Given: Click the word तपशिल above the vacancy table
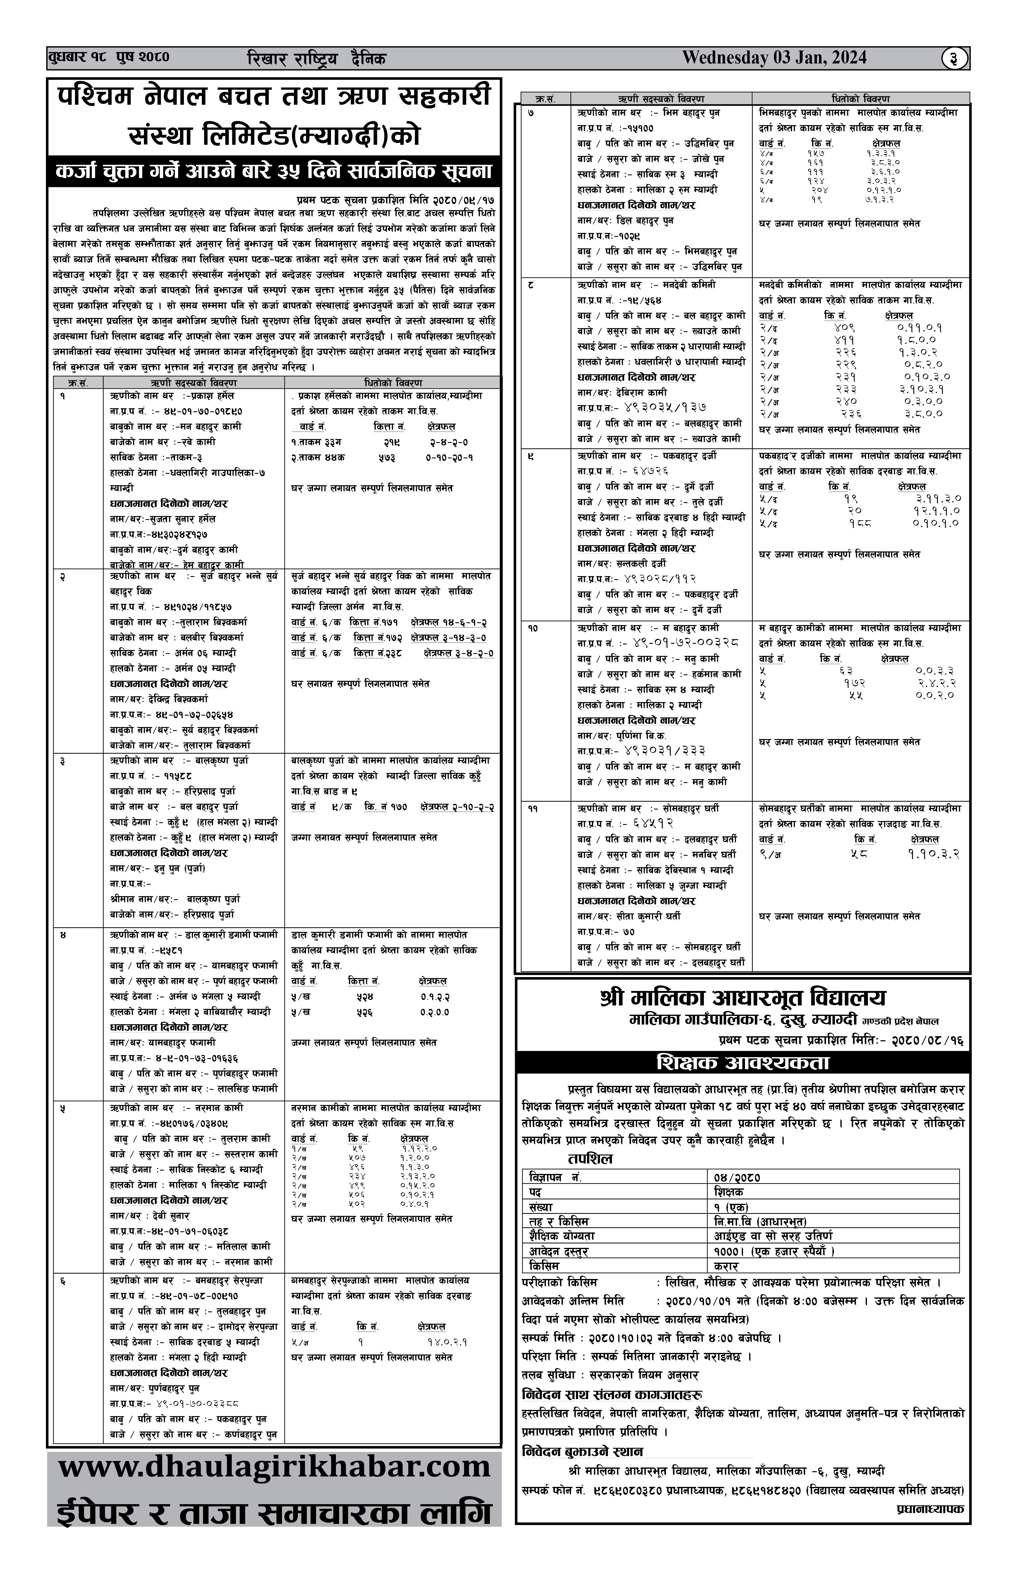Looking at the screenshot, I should (590, 1159).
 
